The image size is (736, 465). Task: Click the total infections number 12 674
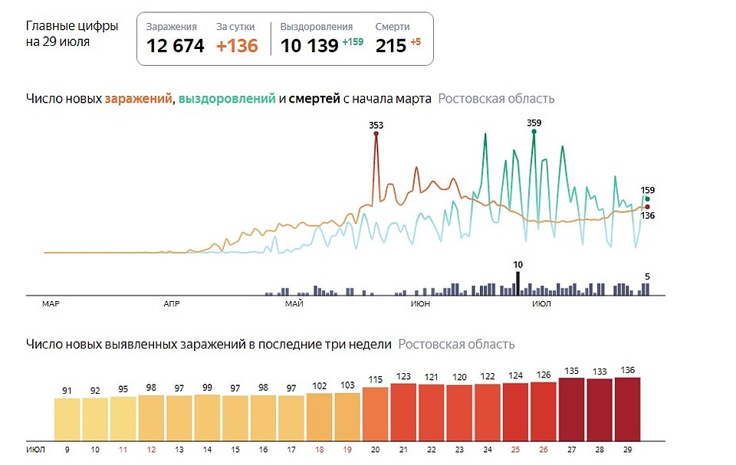(x=176, y=46)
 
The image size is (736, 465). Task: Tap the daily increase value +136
(x=237, y=46)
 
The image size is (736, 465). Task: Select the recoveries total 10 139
(x=309, y=46)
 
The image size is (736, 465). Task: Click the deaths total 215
(x=390, y=46)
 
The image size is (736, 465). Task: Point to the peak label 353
(x=376, y=124)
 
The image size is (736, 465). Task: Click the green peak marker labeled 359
(x=534, y=132)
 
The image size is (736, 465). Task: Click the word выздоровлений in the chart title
(x=227, y=99)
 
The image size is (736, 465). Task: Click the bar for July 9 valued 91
(x=67, y=418)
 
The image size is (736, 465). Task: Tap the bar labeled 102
(x=320, y=415)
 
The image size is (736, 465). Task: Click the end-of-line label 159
(x=648, y=190)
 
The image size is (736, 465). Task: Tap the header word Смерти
(x=392, y=27)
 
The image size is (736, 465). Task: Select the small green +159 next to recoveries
(x=353, y=42)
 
